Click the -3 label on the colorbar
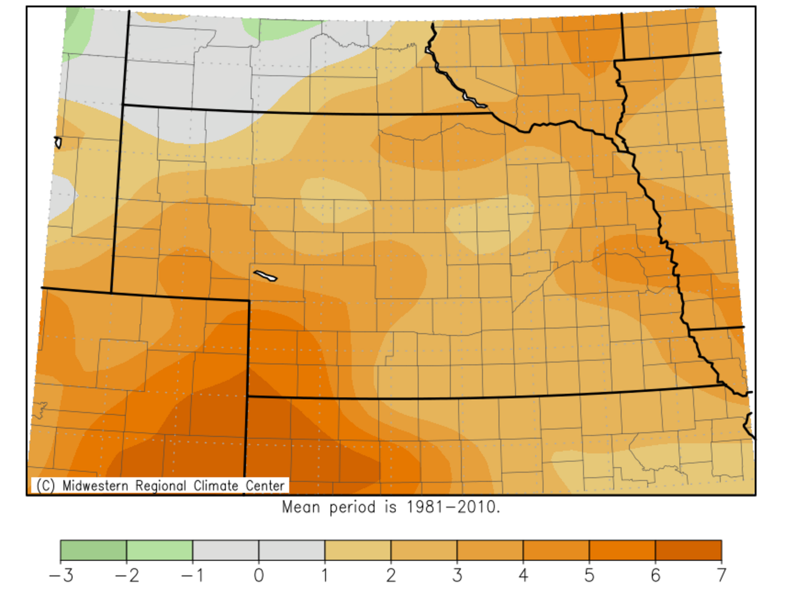point(61,575)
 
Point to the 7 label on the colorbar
point(722,575)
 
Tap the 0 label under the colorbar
point(259,575)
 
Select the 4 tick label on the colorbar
point(523,575)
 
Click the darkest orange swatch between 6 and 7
point(689,550)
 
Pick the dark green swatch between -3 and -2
point(93,550)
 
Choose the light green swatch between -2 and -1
point(159,550)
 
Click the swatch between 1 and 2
point(358,550)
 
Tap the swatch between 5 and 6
point(622,550)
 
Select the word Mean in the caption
point(301,507)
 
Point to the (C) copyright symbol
point(45,486)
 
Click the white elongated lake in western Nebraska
point(265,276)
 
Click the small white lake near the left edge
point(58,142)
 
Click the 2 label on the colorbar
point(391,575)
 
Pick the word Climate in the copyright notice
point(216,486)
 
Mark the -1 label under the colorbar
point(192,575)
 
